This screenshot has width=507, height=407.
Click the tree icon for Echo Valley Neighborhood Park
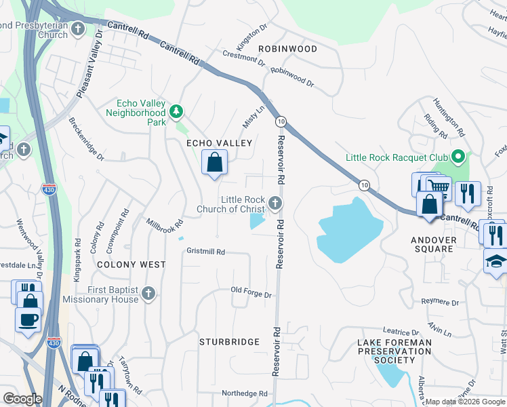click(x=176, y=110)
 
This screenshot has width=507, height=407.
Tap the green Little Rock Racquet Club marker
click(x=458, y=157)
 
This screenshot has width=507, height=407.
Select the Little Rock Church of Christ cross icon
click(x=275, y=203)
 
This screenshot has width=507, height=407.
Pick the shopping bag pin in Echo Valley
click(x=214, y=163)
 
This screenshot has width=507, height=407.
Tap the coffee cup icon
click(x=28, y=319)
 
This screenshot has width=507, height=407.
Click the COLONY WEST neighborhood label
click(x=131, y=265)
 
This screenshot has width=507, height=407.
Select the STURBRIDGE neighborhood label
click(x=229, y=343)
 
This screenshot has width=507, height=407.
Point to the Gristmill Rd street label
click(x=205, y=252)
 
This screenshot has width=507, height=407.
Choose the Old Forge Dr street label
click(x=251, y=294)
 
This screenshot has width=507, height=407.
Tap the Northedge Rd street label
click(x=245, y=393)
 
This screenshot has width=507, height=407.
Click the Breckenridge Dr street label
click(x=87, y=139)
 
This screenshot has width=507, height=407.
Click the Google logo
click(x=22, y=399)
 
